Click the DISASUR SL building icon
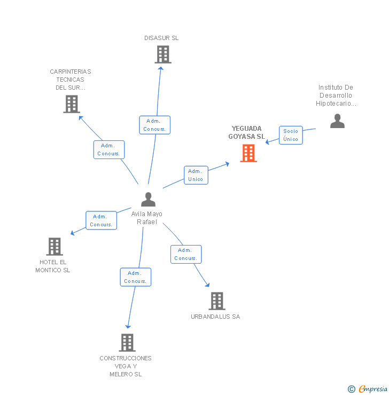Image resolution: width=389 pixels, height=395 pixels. [x=163, y=54]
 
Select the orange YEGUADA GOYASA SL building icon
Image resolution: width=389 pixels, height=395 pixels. [x=248, y=153]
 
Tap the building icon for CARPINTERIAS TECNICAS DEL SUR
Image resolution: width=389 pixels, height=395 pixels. [x=72, y=104]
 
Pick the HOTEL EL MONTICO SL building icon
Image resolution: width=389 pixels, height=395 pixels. [x=55, y=247]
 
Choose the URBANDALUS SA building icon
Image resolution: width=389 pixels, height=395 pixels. [x=216, y=301]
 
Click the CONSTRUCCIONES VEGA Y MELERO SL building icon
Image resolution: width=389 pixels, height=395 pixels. [x=127, y=343]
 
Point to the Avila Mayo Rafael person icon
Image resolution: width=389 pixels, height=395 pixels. [x=148, y=199]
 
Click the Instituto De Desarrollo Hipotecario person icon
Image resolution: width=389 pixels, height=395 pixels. [x=337, y=121]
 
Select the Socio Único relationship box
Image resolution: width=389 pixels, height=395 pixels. [x=291, y=135]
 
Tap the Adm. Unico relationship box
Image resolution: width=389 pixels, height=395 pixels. [x=196, y=175]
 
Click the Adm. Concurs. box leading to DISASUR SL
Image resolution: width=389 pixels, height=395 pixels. [x=155, y=125]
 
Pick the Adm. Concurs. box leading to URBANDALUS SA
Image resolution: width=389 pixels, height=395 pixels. [x=185, y=254]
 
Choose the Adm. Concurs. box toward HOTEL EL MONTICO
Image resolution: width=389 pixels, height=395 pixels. [x=101, y=220]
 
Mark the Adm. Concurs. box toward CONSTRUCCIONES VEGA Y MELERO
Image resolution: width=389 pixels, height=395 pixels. [x=135, y=277]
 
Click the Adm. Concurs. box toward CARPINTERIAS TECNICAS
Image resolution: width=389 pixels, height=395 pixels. [x=109, y=149]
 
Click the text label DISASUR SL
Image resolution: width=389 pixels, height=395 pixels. [x=161, y=38]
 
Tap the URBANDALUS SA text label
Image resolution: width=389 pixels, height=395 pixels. [x=215, y=317]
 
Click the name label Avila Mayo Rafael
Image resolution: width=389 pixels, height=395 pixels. [x=147, y=218]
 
